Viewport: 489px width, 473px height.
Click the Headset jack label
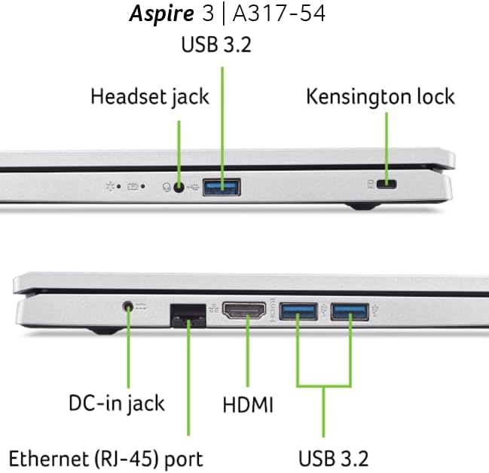(x=149, y=97)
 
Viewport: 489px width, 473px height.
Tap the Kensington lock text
(x=380, y=97)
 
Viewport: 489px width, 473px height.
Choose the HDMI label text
(x=247, y=405)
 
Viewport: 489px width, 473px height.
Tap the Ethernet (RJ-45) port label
(x=105, y=457)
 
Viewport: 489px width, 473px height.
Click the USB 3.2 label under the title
(x=216, y=44)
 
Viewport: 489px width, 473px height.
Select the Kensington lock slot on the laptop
(x=389, y=184)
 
